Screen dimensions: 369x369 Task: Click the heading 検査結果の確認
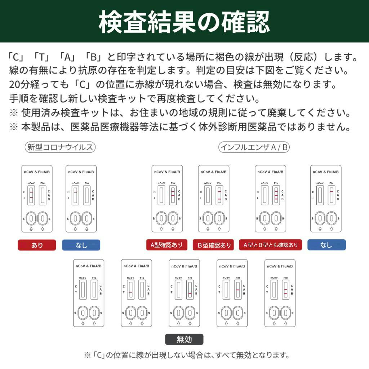click(184, 22)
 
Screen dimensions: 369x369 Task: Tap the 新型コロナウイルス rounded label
click(60, 147)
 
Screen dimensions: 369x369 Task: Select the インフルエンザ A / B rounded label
click(254, 147)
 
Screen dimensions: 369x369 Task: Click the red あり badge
click(37, 245)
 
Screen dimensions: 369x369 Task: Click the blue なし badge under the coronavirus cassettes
click(81, 245)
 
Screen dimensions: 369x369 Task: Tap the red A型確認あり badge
click(166, 245)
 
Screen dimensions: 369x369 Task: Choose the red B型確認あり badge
click(213, 245)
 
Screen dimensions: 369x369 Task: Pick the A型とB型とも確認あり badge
click(270, 245)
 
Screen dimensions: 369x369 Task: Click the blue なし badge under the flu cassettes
click(326, 245)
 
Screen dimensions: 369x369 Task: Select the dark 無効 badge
click(184, 339)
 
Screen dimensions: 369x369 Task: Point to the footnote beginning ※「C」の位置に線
click(187, 355)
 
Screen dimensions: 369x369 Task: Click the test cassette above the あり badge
click(37, 199)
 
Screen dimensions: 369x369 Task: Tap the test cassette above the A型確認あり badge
click(167, 199)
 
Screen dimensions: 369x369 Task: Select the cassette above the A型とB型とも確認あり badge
click(270, 199)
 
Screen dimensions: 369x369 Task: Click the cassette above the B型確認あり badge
click(213, 199)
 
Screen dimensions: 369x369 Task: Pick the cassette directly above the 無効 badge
click(184, 293)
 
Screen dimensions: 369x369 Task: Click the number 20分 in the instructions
click(18, 85)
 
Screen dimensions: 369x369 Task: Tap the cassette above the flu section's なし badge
click(326, 199)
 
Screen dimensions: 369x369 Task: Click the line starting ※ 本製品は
click(180, 127)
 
